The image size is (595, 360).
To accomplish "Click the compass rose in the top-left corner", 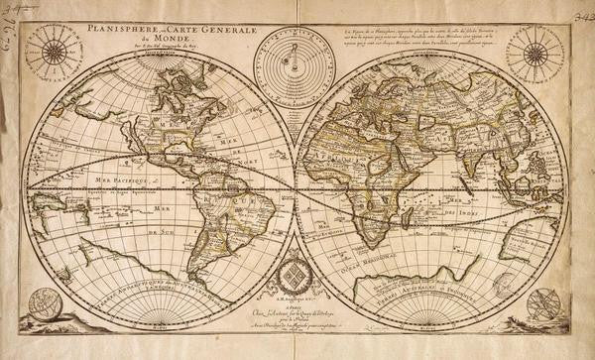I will pos(54,51).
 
